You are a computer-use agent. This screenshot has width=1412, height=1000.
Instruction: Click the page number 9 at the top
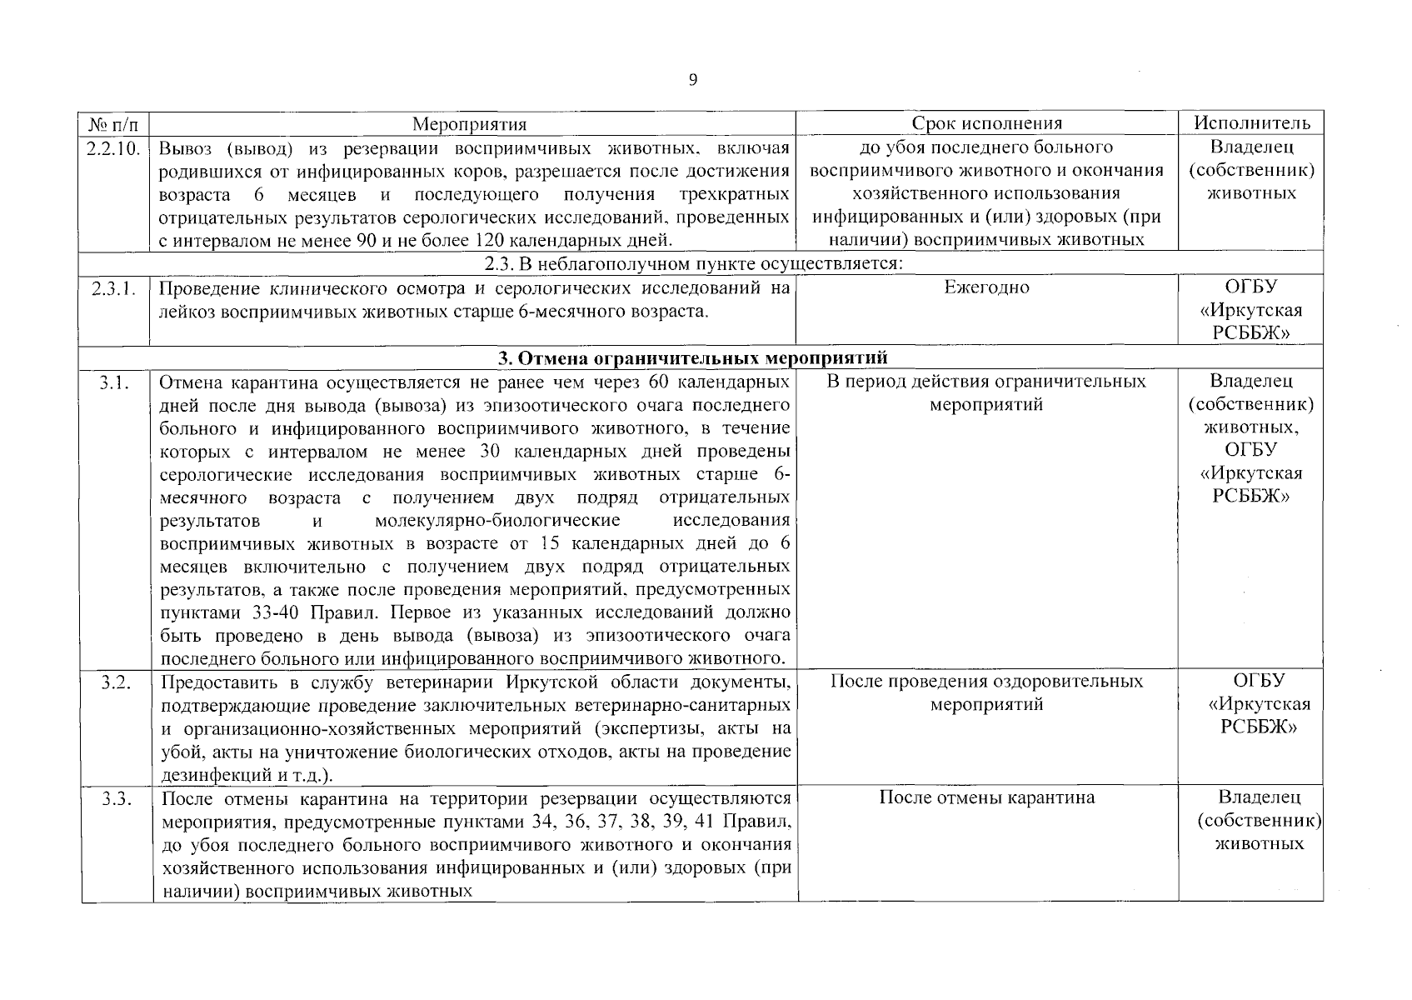pyautogui.click(x=693, y=80)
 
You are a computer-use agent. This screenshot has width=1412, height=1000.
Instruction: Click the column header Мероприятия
pyautogui.click(x=470, y=124)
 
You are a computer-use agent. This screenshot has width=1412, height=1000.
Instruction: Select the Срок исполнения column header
pyautogui.click(x=986, y=124)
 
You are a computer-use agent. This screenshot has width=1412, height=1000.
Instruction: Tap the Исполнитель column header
pyautogui.click(x=1250, y=123)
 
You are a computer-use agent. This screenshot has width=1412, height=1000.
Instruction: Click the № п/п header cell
pyautogui.click(x=114, y=124)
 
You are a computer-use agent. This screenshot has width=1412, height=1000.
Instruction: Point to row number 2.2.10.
pyautogui.click(x=115, y=148)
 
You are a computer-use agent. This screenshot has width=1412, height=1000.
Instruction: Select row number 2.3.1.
pyautogui.click(x=115, y=288)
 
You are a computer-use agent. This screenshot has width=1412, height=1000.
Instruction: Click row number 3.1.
pyautogui.click(x=115, y=382)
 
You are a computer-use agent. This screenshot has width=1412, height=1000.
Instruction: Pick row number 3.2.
pyautogui.click(x=115, y=682)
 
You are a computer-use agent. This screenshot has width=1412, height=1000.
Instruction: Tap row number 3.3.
pyautogui.click(x=115, y=798)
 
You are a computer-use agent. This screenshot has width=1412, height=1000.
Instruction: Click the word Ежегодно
pyautogui.click(x=986, y=287)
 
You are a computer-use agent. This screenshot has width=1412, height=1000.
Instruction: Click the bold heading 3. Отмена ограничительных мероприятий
pyautogui.click(x=692, y=358)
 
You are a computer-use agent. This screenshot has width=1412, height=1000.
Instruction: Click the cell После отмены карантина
pyautogui.click(x=986, y=797)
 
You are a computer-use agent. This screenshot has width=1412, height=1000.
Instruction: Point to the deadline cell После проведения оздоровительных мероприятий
pyautogui.click(x=986, y=692)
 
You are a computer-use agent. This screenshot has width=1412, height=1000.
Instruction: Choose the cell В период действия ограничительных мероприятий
pyautogui.click(x=986, y=393)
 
